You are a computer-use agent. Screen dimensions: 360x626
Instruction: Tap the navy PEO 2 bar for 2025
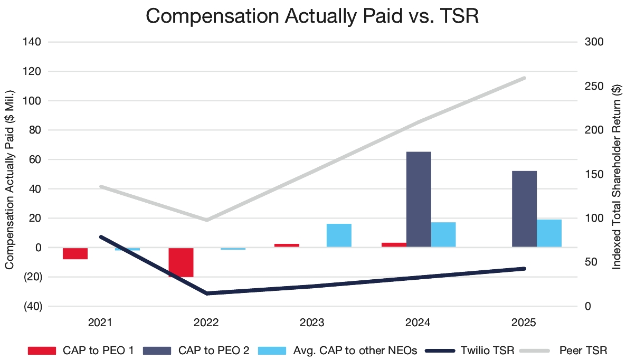[x=524, y=209]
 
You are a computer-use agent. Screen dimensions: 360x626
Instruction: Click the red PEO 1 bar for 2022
[x=181, y=262]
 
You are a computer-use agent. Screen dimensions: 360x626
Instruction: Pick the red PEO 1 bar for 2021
[x=75, y=253]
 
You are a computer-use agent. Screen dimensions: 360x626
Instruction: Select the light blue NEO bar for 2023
[x=339, y=235]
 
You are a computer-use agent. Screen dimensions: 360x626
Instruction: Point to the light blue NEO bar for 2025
[x=549, y=233]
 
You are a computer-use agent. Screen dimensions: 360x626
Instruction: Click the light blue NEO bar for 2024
[x=443, y=234]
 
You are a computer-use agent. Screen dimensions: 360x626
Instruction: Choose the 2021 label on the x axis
[x=100, y=323]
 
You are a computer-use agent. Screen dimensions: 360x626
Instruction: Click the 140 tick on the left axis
[x=33, y=42]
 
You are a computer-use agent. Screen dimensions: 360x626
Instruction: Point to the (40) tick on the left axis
[x=32, y=306]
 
